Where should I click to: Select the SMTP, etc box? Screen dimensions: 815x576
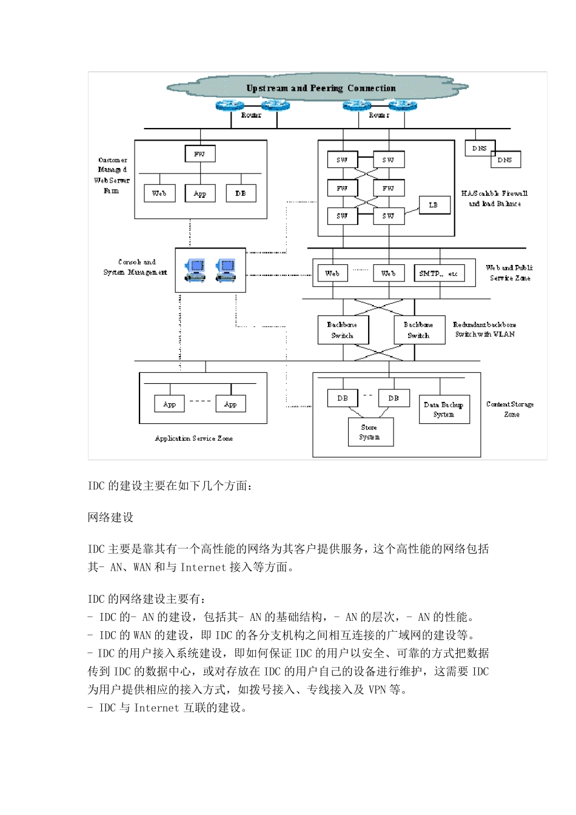click(x=438, y=273)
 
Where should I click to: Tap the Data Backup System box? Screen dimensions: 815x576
click(x=444, y=409)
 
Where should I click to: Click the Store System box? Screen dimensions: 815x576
click(x=370, y=432)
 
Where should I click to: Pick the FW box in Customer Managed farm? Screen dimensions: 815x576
click(x=199, y=154)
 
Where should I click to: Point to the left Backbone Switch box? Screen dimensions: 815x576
click(x=343, y=330)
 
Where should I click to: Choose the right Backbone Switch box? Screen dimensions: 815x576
click(x=418, y=330)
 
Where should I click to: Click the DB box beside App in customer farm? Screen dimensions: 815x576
click(x=241, y=193)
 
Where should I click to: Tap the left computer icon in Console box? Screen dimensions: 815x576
click(x=195, y=270)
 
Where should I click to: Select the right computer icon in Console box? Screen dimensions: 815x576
click(x=226, y=270)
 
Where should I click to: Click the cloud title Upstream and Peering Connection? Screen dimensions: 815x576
click(x=321, y=88)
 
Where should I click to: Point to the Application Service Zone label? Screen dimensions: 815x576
click(x=193, y=438)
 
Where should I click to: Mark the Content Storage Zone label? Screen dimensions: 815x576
click(x=510, y=409)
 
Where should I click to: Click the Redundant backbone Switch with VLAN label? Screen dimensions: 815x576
click(x=484, y=329)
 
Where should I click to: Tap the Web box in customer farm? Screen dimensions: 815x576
click(x=159, y=193)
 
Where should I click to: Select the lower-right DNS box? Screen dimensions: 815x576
click(x=505, y=159)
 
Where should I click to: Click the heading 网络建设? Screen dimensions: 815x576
click(x=110, y=517)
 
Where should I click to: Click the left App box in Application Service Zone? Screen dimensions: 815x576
click(x=170, y=404)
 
